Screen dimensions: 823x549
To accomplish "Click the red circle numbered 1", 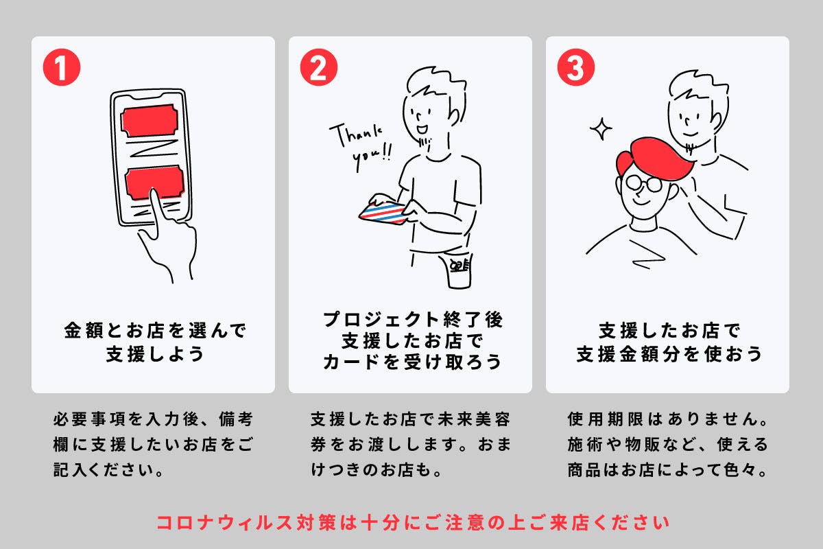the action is pos(62,67).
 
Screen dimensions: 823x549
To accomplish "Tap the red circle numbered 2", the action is pos(318,67).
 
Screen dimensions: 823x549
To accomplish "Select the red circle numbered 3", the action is pos(575,67).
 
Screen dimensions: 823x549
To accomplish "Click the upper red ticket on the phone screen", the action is pos(150,121).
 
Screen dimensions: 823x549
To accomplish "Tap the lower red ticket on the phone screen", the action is pos(154,183).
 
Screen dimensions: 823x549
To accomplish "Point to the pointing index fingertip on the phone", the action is pos(154,192).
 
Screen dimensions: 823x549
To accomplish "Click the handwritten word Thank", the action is pos(356,135).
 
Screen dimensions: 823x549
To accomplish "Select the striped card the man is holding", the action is pos(383,213).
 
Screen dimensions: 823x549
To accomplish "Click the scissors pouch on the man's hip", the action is pos(460,270).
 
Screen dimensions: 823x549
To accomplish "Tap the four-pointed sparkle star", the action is pos(601,129).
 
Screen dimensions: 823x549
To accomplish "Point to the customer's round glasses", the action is pos(644,183).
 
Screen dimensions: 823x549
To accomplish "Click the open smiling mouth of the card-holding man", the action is pos(422,130).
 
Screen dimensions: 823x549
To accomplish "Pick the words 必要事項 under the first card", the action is pos(90,419).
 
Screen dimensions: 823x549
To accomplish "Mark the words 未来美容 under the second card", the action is pos(474,419).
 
